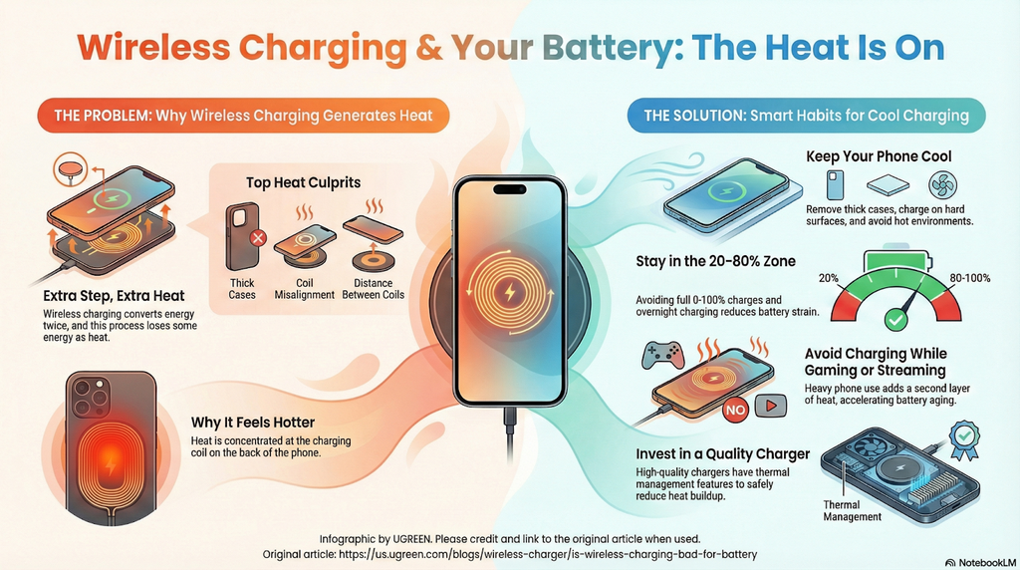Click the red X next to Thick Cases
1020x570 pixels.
point(257,238)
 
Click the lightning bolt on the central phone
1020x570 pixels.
point(509,295)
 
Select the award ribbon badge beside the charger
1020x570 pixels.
point(965,435)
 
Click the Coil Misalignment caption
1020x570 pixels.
point(304,289)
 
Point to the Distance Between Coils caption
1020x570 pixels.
point(374,289)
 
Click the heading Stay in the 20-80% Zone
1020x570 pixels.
point(715,262)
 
